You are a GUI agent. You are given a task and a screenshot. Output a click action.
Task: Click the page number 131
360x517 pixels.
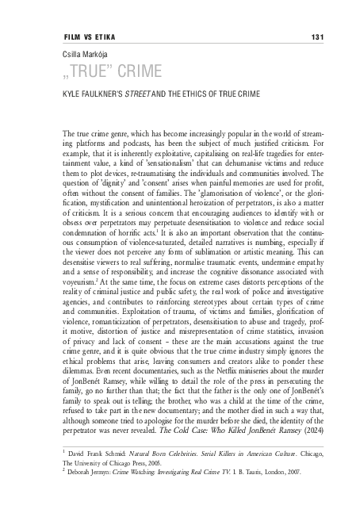tap(316, 37)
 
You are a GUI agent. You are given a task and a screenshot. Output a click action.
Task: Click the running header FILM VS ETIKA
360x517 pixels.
tap(86, 37)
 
